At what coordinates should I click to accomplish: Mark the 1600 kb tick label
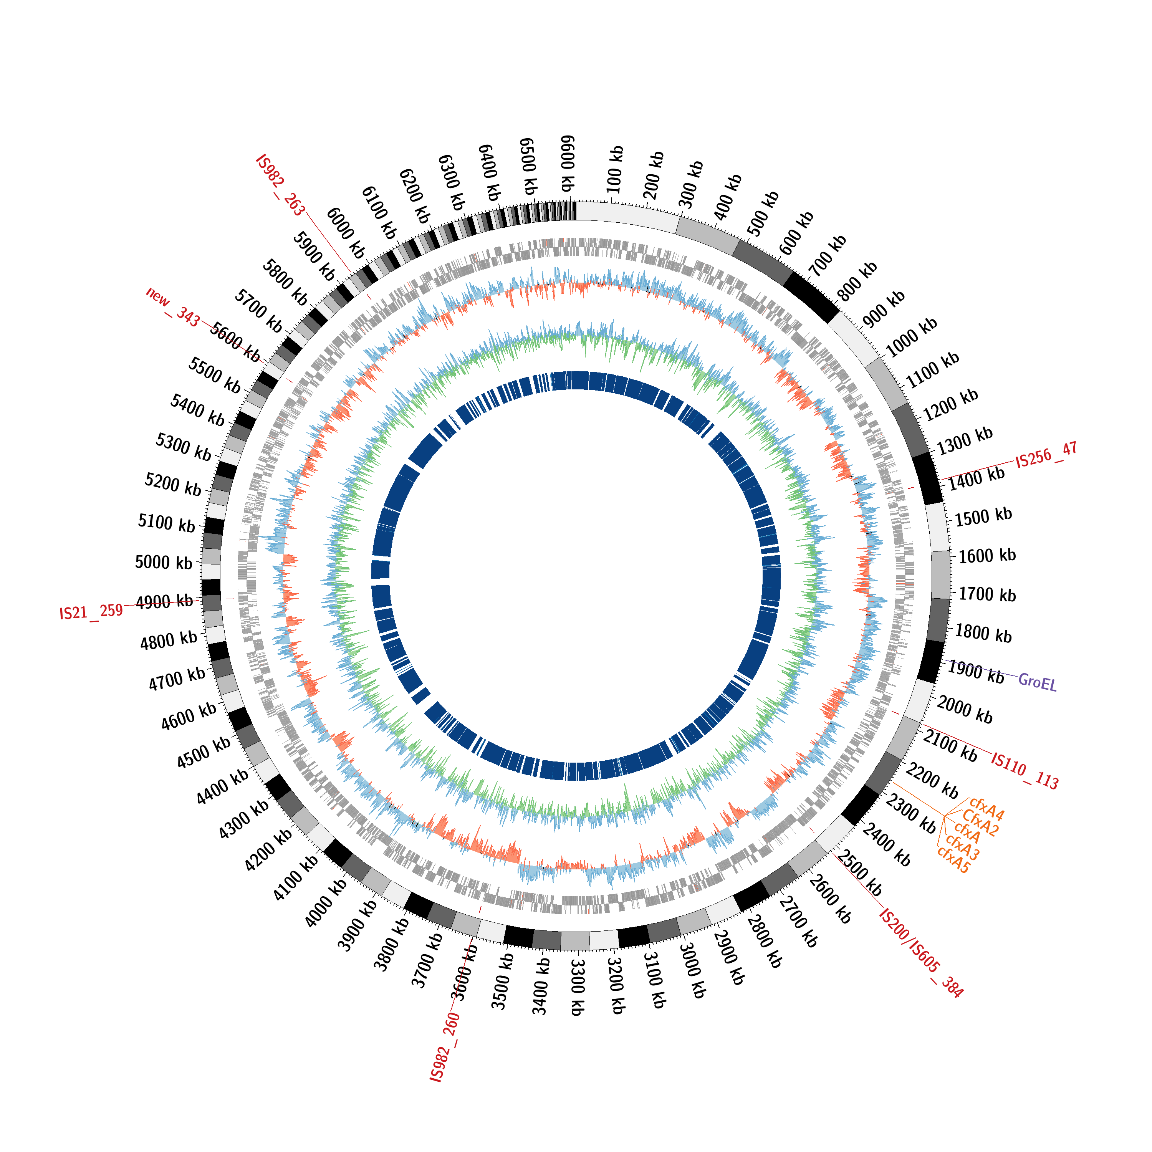[987, 556]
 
